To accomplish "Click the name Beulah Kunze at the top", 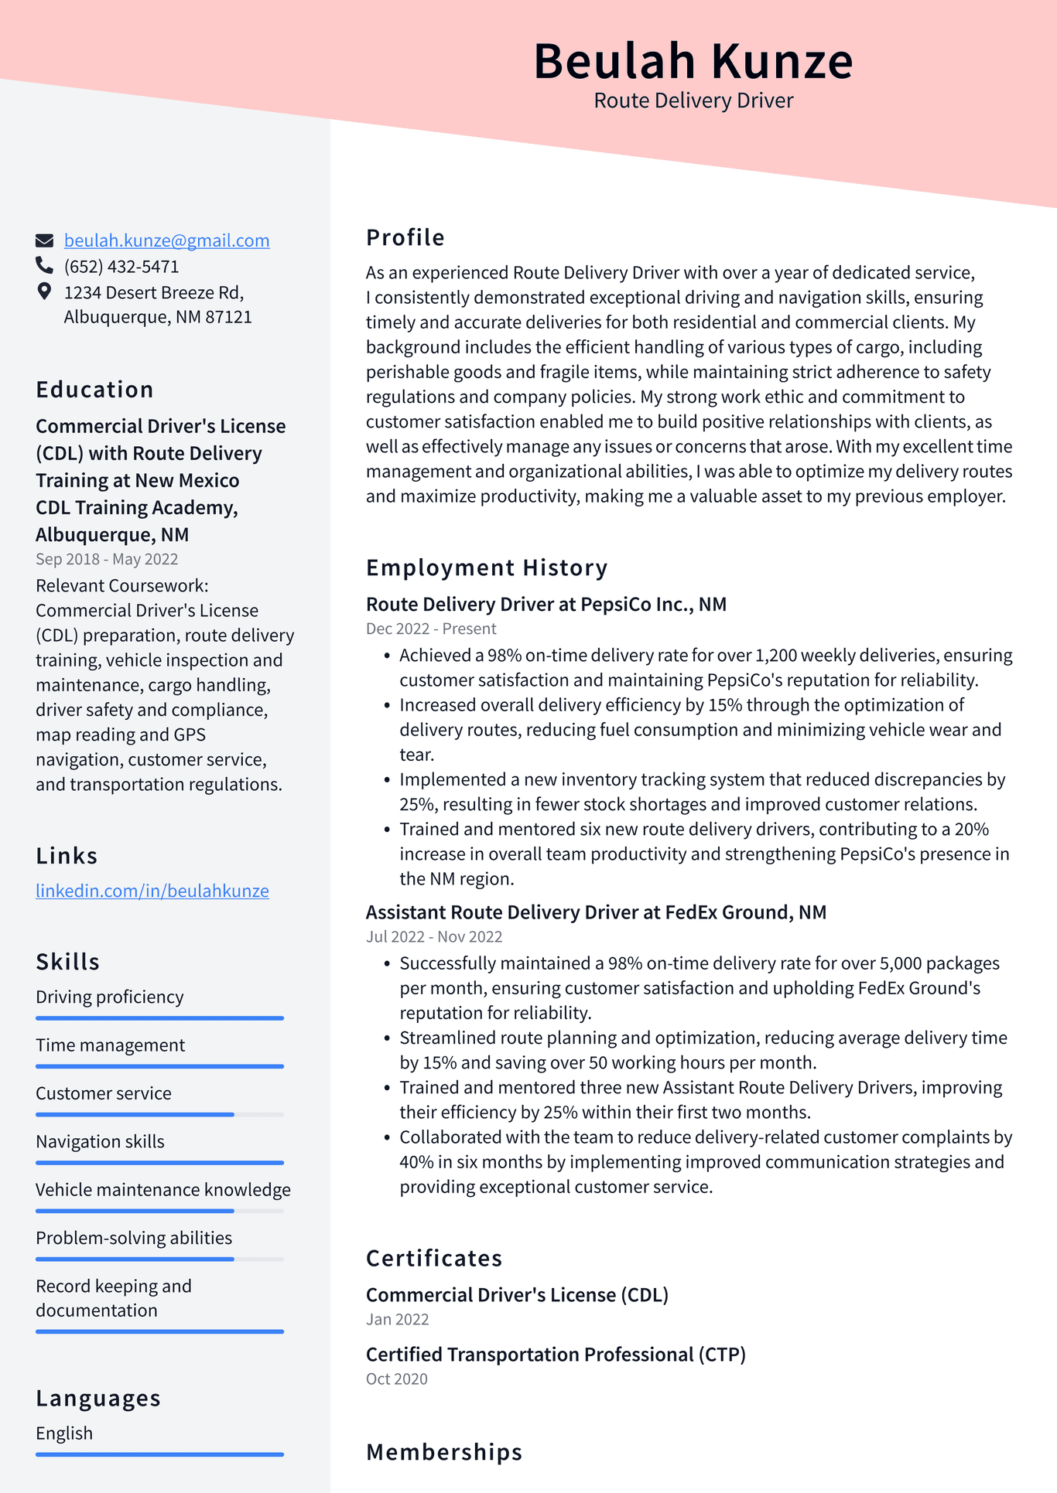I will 693,61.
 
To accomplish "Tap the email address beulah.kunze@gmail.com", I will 166,240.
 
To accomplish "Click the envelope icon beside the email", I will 45,240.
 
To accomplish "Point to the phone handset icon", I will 44,266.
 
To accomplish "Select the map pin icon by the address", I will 44,291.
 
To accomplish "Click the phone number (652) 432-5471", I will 121,267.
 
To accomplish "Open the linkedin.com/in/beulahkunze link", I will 152,891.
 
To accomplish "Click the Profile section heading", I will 405,237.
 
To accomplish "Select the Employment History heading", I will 487,568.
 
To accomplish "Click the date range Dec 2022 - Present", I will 431,629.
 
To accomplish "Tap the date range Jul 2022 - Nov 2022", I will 434,936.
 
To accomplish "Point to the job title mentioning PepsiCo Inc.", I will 546,604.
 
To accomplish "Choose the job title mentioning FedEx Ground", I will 596,912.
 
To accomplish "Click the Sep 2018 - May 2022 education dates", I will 107,559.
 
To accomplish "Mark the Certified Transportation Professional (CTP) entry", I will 556,1355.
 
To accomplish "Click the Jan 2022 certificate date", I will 397,1319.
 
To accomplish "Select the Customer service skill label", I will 104,1093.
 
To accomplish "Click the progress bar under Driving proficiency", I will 159,1018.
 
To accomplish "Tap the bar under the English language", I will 159,1454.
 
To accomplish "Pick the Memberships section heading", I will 444,1452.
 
